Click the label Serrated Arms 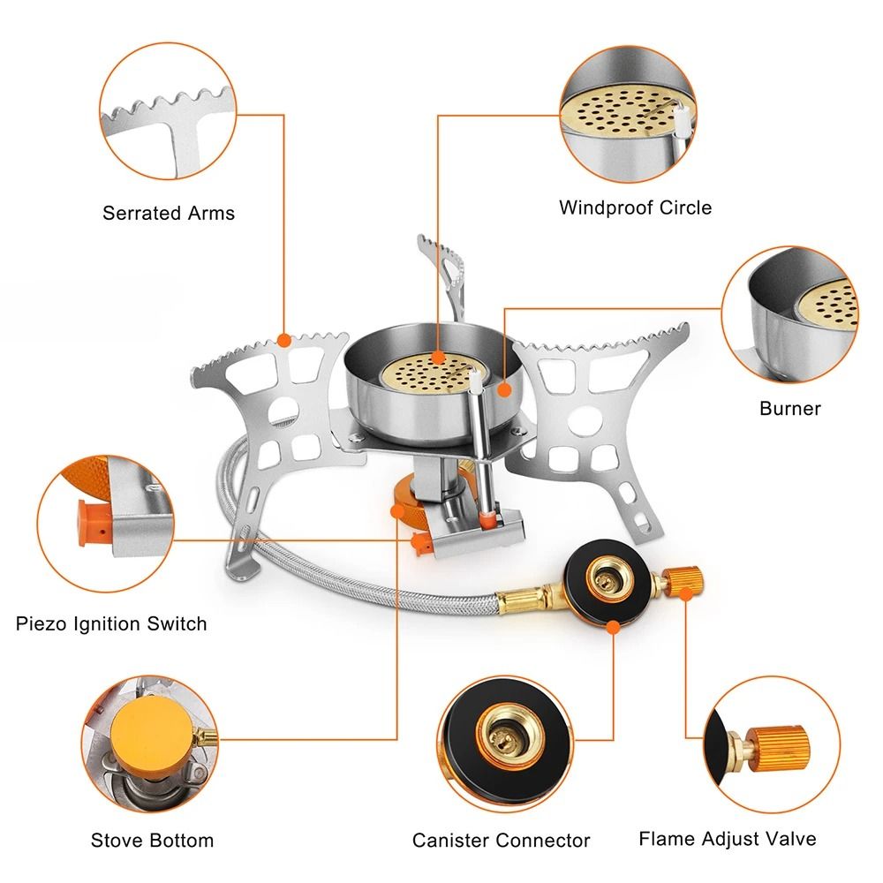click(x=169, y=213)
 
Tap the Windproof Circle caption click(x=635, y=208)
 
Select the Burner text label click(x=789, y=408)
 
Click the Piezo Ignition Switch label click(x=111, y=623)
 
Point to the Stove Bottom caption click(x=152, y=840)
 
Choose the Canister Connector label click(x=501, y=840)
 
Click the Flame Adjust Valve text click(x=728, y=838)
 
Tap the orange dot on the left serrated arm click(x=283, y=339)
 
